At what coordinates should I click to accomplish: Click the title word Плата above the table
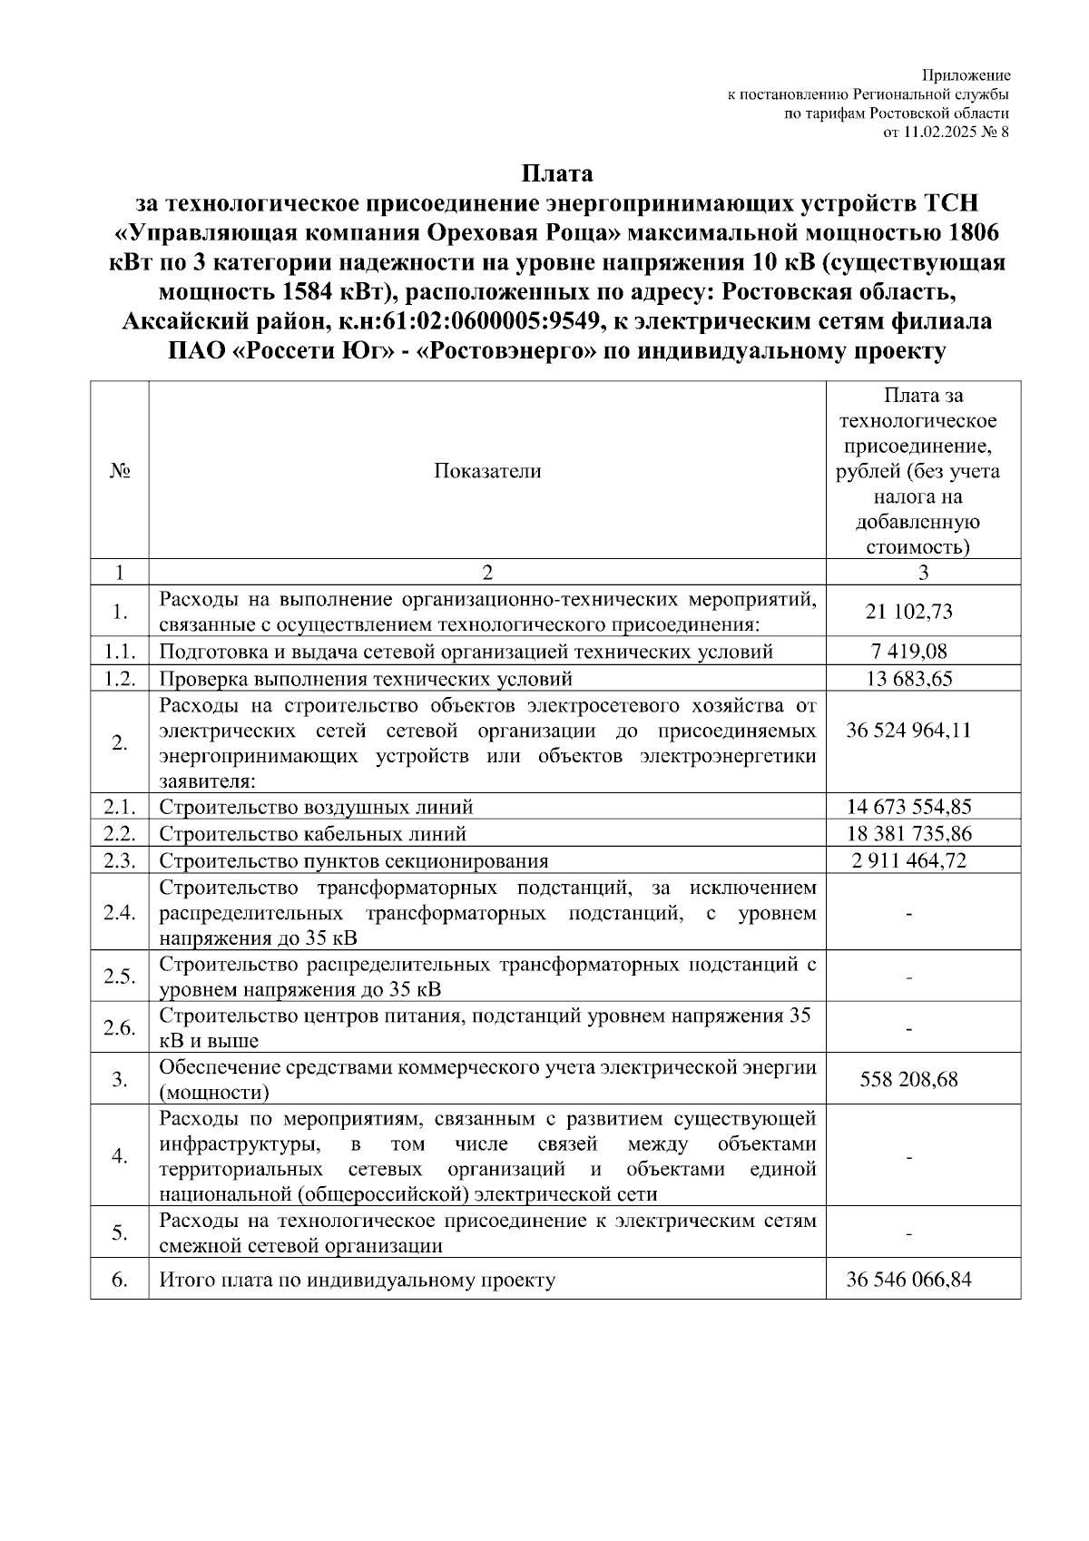556,173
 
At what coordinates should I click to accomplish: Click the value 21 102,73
908,612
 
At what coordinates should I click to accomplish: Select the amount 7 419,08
908,652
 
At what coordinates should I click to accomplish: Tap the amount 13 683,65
908,679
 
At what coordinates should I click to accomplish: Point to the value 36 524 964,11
908,730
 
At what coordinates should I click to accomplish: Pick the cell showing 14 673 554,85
908,807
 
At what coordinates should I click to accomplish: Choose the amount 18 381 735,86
908,833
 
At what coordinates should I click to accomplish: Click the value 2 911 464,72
908,860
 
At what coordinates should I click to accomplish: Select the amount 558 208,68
908,1079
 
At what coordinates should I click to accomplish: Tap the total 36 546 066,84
908,1280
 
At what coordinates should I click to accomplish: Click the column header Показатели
487,470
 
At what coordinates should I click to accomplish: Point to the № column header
119,470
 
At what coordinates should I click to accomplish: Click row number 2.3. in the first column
119,860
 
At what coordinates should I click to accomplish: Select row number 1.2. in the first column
119,679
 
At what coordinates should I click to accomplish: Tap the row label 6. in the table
119,1280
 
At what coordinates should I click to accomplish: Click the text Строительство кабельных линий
313,833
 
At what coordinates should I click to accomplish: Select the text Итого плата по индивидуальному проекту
358,1280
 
